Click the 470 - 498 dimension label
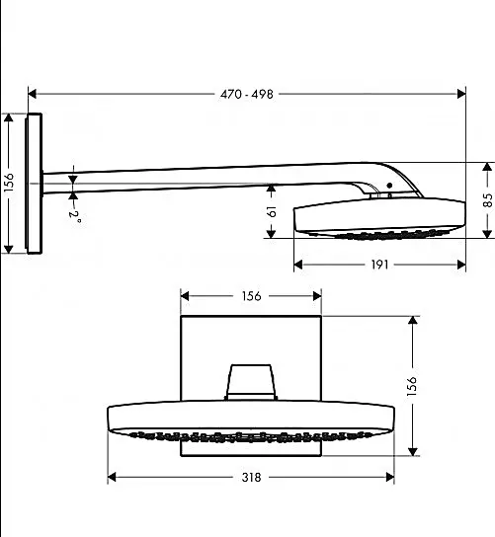(x=247, y=94)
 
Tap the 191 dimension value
(x=379, y=265)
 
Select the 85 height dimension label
(x=488, y=200)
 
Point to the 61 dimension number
(x=272, y=211)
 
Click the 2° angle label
(x=75, y=215)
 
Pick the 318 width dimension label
(x=251, y=478)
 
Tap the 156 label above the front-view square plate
(x=251, y=296)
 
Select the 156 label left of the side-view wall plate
(x=9, y=182)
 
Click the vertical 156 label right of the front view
(x=412, y=386)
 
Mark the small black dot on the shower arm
(x=389, y=186)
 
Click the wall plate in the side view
(x=34, y=184)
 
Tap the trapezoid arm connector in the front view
(x=251, y=382)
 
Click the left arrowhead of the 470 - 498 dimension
(x=32, y=94)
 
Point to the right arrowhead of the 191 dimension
(x=461, y=265)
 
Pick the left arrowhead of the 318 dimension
(x=112, y=477)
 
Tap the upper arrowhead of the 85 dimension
(x=487, y=167)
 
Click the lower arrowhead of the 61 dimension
(x=271, y=234)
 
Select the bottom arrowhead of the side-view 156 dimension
(x=9, y=250)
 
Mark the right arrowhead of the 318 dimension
(x=390, y=477)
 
